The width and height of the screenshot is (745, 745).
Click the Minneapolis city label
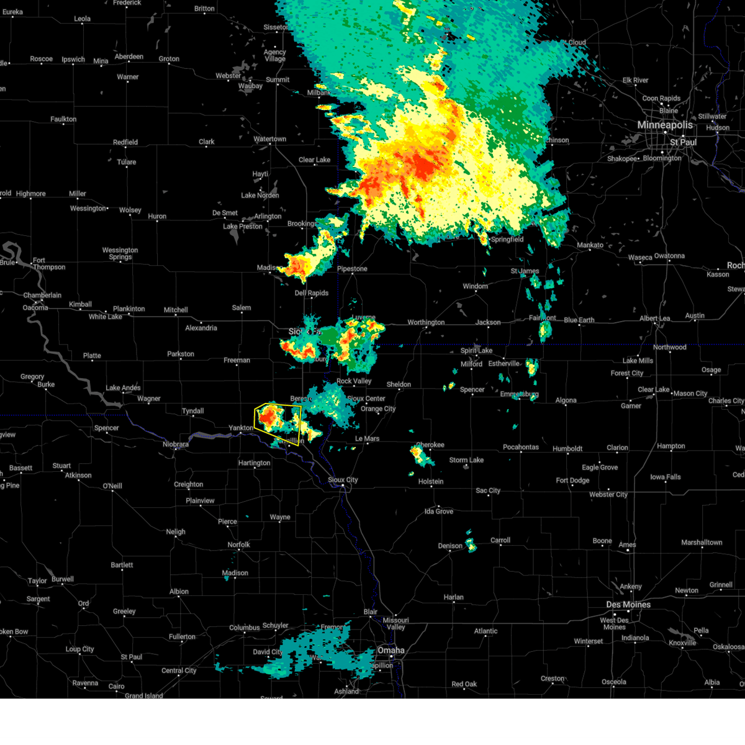point(664,125)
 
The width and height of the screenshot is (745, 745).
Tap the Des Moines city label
point(628,605)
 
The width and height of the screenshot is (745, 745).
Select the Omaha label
point(391,650)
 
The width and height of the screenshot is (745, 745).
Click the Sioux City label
point(343,480)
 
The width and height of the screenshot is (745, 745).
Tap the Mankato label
point(590,245)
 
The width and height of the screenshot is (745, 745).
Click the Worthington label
point(426,322)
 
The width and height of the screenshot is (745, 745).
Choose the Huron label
point(157,217)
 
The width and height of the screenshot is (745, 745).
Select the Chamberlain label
point(42,296)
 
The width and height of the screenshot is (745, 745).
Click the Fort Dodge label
point(572,481)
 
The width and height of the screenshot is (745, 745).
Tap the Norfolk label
point(238,545)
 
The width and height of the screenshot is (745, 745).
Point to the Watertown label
point(270,139)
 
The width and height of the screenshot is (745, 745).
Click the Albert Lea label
point(655,318)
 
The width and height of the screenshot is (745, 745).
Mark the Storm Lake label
point(466,460)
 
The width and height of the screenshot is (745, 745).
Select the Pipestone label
point(352,269)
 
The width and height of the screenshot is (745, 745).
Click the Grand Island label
point(143,695)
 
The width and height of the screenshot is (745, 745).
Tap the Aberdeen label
point(129,57)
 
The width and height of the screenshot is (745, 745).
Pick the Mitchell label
point(176,310)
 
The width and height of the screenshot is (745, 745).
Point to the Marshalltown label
point(702,543)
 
